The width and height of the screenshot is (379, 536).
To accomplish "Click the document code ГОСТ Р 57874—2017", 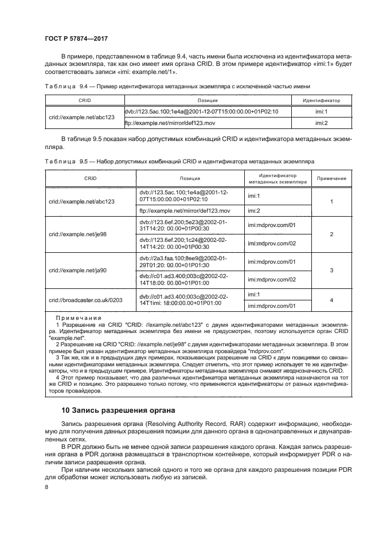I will click(x=76, y=38).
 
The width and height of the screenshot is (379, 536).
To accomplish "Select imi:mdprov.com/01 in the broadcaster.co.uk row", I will click(x=271, y=306).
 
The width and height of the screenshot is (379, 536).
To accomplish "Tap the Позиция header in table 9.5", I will click(x=189, y=178).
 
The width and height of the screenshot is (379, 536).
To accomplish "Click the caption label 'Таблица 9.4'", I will click(x=61, y=86).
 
